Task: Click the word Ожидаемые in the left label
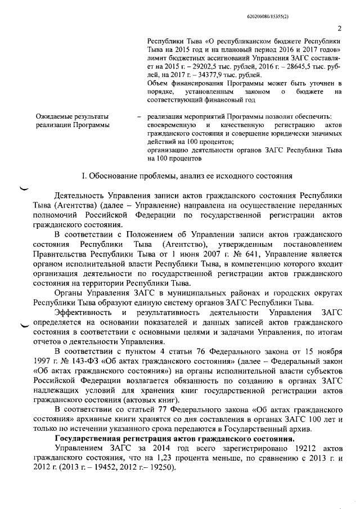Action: click(56, 116)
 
